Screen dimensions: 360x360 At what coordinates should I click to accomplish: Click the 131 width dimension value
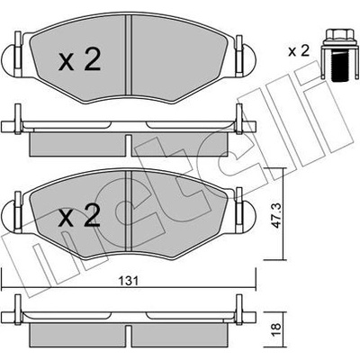(x=129, y=281)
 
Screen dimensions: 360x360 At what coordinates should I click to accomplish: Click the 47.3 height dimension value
(x=277, y=215)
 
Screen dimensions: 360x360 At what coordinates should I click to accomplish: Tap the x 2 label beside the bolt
(x=299, y=51)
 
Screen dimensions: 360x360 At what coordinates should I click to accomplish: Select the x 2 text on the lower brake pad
(x=79, y=215)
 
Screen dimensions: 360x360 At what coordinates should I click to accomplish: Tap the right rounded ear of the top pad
(x=248, y=59)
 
